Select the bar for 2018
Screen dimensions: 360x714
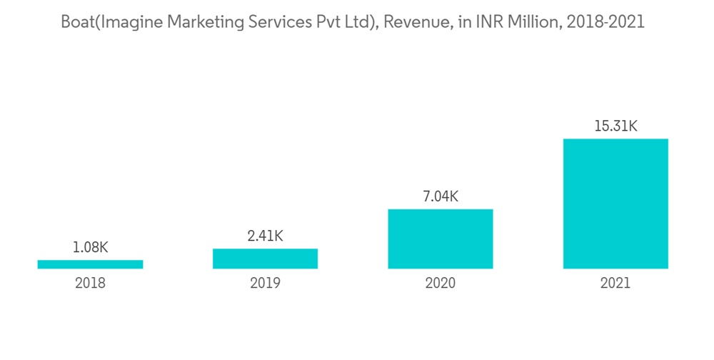coord(90,264)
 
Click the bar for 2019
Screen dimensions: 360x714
coord(265,259)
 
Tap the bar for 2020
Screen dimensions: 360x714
coord(441,239)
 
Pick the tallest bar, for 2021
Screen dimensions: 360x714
coord(615,204)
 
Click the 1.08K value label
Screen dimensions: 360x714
coord(90,248)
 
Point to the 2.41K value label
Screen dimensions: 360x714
coord(265,236)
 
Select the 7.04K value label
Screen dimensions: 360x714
coord(441,196)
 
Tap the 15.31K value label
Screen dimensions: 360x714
coord(615,126)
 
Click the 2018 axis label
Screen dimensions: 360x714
coord(90,283)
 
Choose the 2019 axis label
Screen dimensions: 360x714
coord(265,283)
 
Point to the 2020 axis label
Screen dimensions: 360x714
coord(441,283)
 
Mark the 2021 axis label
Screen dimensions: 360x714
coord(615,283)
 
